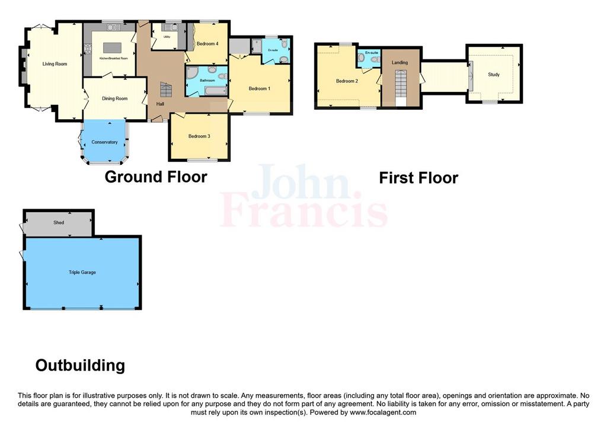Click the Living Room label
tap(55, 64)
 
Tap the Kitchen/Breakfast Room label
tap(113, 59)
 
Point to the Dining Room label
tap(114, 99)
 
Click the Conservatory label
tap(104, 142)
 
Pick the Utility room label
tap(167, 37)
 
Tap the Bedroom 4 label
tap(207, 44)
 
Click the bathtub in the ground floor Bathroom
tap(215, 91)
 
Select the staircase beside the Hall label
tap(166, 90)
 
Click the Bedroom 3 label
tap(199, 136)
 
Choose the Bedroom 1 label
tap(260, 89)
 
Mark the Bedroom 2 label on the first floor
tap(347, 81)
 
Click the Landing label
tap(400, 62)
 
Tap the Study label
tap(494, 74)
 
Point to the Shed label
tap(59, 222)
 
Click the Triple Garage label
tap(82, 272)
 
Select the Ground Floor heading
tap(156, 177)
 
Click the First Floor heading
tap(418, 178)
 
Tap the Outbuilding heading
tap(80, 365)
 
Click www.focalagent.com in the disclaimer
tap(383, 413)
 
